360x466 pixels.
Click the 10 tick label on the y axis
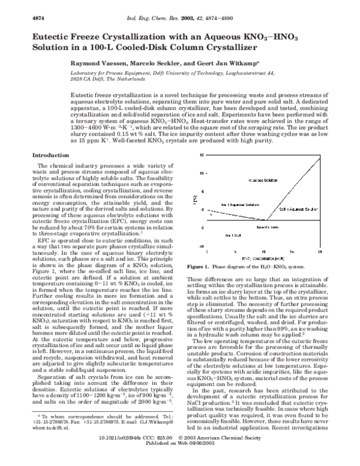[x=202, y=173]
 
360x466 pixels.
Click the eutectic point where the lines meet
[x=266, y=220]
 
